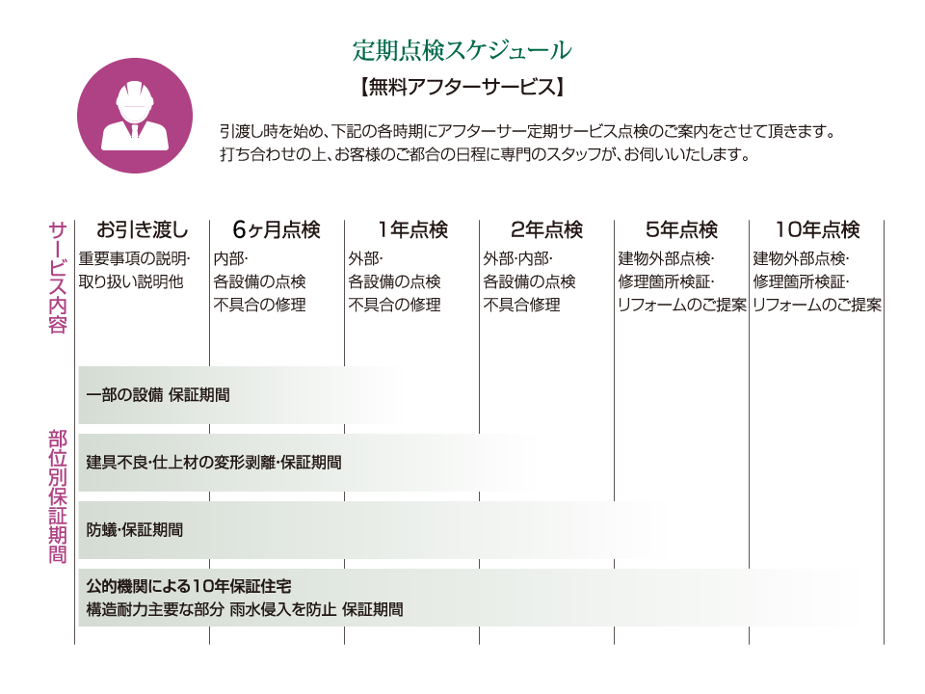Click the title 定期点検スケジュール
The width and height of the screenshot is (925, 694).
coord(462,50)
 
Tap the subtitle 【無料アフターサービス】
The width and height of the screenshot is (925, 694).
coord(462,88)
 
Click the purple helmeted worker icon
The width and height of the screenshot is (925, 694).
coord(135,115)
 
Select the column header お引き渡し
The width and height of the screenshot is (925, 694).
coord(143,229)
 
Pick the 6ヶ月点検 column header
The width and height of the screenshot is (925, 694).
coord(277,229)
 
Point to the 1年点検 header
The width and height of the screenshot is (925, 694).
coord(413,229)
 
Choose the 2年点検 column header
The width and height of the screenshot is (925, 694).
coord(547,229)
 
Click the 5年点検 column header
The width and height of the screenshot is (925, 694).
coord(681,229)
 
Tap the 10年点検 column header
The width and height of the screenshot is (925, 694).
coord(818,229)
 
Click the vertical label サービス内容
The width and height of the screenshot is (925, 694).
coord(57,278)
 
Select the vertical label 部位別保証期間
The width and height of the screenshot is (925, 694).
coord(57,497)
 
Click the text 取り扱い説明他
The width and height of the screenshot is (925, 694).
coord(131,282)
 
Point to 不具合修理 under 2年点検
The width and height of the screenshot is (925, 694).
coord(521,306)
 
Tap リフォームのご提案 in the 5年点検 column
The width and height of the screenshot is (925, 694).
coord(682,306)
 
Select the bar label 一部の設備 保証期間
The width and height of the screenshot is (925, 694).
coord(158,395)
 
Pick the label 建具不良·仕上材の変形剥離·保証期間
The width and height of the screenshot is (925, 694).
coord(214,463)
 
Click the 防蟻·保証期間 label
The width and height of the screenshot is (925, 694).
coord(135,530)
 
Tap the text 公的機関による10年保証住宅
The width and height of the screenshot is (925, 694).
coord(189,587)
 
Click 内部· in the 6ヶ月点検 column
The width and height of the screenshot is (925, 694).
coord(230,259)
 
